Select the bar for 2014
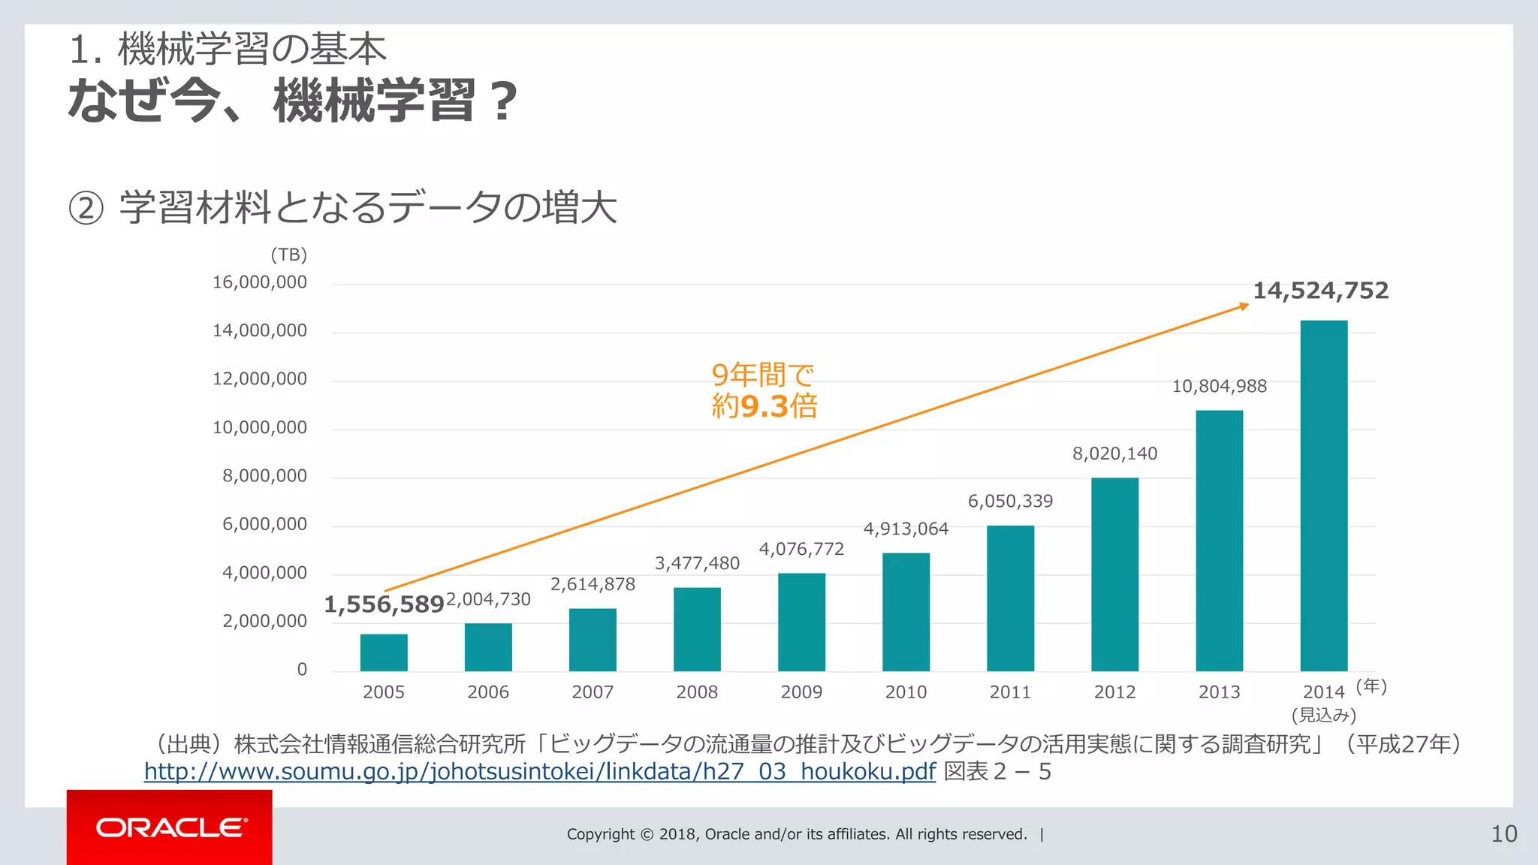coord(1323,496)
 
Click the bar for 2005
coord(384,653)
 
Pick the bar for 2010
coord(906,612)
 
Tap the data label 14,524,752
coord(1320,291)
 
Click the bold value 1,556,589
coord(384,604)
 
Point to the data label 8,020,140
coord(1114,454)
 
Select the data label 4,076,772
coord(801,549)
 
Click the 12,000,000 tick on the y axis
coord(260,378)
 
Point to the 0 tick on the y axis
coord(302,669)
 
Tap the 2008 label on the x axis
coord(697,692)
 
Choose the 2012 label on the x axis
coord(1114,692)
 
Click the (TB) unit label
coord(289,255)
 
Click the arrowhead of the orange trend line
coord(1244,306)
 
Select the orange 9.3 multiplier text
coord(764,406)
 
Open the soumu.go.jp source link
coord(539,771)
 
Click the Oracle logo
coord(170,827)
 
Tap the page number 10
coord(1503,833)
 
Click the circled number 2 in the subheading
coord(86,208)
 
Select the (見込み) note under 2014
coord(1323,715)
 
